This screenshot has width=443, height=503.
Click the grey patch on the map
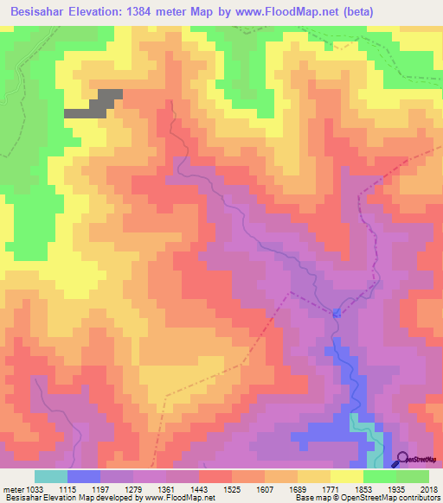[x=94, y=103]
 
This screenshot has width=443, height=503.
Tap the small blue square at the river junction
[x=336, y=313]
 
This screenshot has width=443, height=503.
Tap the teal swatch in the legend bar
[x=50, y=476]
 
